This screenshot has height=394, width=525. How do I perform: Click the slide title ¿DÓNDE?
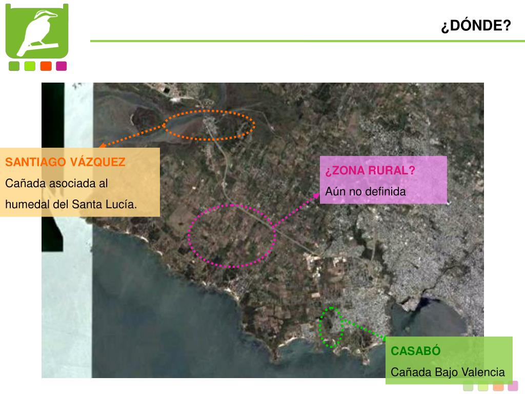(x=476, y=26)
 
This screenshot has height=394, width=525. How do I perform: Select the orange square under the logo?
(x=46, y=66)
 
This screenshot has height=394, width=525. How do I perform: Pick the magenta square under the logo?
(x=62, y=66)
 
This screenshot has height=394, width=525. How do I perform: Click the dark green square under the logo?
(x=14, y=66)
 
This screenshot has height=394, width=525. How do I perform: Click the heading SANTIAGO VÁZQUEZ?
(x=65, y=162)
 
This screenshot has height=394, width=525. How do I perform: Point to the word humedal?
(x=26, y=204)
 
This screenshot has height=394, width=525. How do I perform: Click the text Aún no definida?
(x=365, y=191)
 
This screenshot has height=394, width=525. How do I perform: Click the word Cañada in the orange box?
(x=22, y=183)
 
